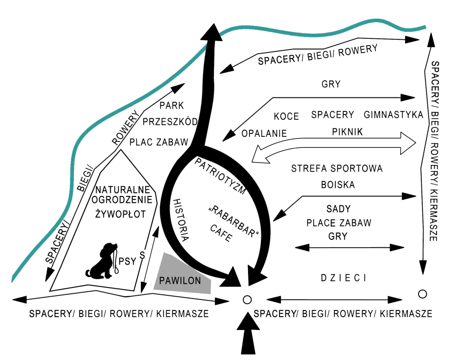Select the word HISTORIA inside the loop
tap(181, 220)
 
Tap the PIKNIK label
tap(347, 132)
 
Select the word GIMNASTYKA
tap(394, 115)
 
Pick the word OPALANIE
tap(264, 133)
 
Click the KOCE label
tap(286, 116)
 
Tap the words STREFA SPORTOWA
tap(337, 169)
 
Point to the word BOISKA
tap(338, 185)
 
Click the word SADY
tap(339, 208)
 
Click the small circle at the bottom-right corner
tap(421, 293)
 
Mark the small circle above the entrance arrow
tap(247, 299)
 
